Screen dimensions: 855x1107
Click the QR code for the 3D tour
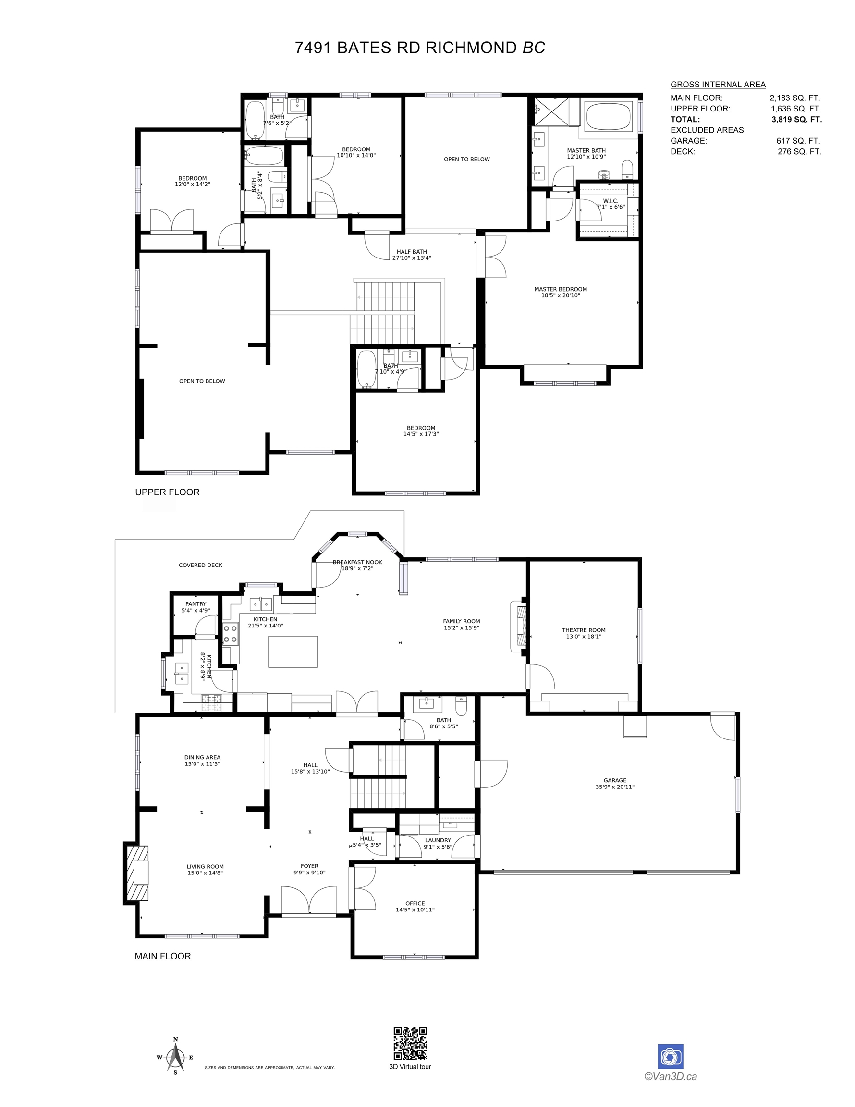tap(410, 1043)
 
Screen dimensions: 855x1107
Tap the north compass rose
tap(175, 1057)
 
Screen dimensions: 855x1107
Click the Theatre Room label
tap(583, 633)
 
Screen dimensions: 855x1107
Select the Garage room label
tap(615, 784)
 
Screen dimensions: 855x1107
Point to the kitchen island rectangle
tap(293, 652)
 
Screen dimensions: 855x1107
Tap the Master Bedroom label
tap(561, 292)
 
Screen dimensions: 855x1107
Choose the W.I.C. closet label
tap(610, 204)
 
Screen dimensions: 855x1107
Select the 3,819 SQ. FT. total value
tap(797, 120)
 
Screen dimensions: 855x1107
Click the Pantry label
tap(195, 607)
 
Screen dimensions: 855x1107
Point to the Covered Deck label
tap(200, 565)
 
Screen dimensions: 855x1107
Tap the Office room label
tap(415, 906)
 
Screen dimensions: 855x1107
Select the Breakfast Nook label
tap(357, 565)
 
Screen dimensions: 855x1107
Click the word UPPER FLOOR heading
tap(167, 492)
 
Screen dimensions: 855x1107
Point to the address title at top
tap(420, 48)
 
